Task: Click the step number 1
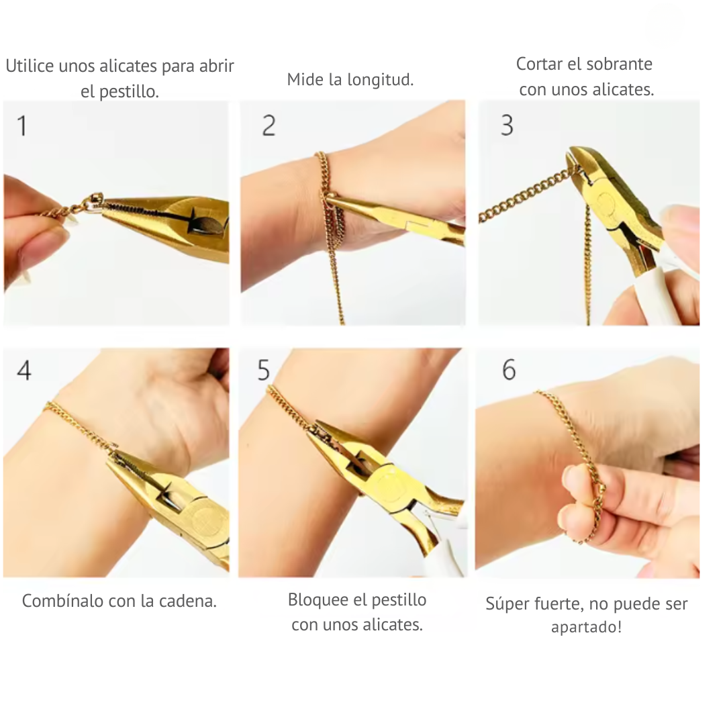tap(22, 126)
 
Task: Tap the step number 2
tap(269, 126)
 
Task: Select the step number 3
tap(507, 126)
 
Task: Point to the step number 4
tap(24, 370)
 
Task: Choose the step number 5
tap(264, 370)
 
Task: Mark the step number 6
tap(509, 370)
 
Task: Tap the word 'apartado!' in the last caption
tap(586, 628)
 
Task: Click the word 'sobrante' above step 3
tap(619, 64)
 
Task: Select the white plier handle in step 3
tap(648, 295)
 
